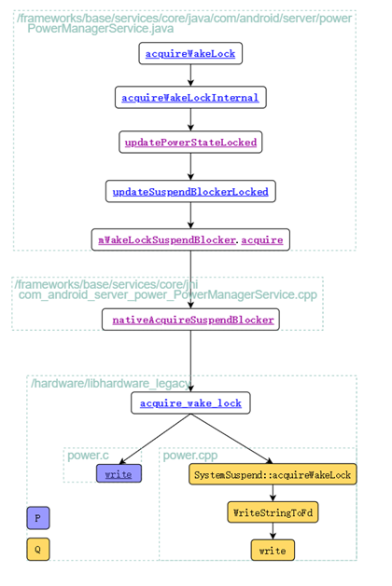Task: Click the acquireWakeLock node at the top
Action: (190, 54)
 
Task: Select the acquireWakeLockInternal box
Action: (190, 97)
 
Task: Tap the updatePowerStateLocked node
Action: (190, 142)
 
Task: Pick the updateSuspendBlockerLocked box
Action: (190, 192)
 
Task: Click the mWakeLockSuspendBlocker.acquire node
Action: (190, 239)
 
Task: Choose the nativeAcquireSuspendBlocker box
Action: (193, 320)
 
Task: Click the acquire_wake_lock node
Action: (190, 403)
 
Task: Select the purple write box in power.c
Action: (119, 474)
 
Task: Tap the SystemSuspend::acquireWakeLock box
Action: (273, 475)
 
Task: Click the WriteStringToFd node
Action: (273, 512)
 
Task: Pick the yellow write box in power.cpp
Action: (273, 551)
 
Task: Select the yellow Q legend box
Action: (37, 550)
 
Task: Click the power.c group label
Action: (88, 456)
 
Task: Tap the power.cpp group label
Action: (189, 456)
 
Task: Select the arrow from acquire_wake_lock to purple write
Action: (154, 439)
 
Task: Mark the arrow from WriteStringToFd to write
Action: (273, 531)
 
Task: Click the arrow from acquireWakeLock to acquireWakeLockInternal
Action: (190, 75)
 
